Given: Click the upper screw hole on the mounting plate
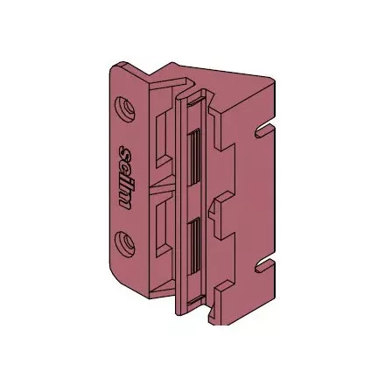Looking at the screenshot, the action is tap(125, 108).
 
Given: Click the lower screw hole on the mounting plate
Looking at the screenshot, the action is tap(125, 243).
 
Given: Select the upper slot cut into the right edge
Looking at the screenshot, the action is tap(264, 130).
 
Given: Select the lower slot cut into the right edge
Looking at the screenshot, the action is tap(264, 266).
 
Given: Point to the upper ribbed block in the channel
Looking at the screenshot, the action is tap(194, 157).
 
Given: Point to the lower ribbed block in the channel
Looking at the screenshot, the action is tap(194, 248).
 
